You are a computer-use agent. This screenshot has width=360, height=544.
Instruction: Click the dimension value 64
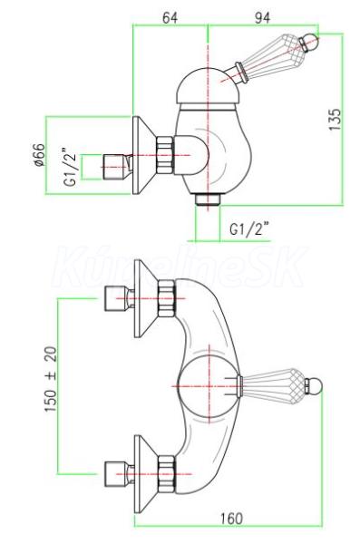(170, 17)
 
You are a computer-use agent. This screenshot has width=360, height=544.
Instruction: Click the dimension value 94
(262, 17)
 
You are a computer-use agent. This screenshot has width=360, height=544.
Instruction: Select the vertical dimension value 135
(336, 120)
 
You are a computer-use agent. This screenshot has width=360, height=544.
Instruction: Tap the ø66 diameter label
(40, 155)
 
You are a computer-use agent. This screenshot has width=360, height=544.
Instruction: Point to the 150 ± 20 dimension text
(51, 379)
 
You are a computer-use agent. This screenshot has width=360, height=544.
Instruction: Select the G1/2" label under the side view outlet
(249, 228)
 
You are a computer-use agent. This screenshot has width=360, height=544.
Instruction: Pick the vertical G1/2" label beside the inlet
(71, 167)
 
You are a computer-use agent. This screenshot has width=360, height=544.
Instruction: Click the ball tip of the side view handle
(310, 43)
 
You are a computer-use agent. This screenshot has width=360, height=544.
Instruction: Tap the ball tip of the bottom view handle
(315, 386)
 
